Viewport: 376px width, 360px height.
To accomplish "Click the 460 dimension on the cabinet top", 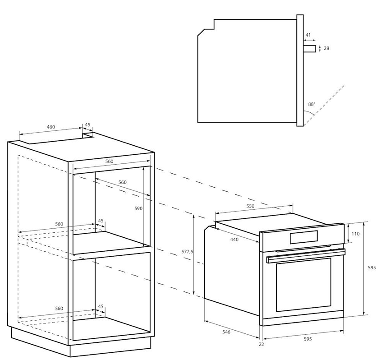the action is [50, 127].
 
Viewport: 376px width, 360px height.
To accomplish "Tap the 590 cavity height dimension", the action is [138, 208].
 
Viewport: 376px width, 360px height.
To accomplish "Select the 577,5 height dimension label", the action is [187, 252].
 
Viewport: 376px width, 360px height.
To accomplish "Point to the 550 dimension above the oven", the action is [250, 206].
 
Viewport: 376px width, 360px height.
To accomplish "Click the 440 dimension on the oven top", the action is [234, 239].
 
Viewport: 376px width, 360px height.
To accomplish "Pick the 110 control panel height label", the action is [356, 234].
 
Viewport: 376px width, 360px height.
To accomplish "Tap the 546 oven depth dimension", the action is [226, 332].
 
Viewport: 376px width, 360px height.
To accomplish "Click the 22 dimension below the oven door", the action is [261, 344].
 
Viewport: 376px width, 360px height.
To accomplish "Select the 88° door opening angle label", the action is [312, 104].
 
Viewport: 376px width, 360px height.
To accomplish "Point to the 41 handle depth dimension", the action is [308, 35].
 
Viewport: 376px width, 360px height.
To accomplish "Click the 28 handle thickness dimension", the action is [326, 48].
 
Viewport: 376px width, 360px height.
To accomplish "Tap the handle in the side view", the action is [310, 48].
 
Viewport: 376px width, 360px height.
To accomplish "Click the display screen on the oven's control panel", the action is [304, 237].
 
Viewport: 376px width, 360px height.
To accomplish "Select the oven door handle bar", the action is [306, 256].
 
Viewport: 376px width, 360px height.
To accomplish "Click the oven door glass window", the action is [303, 285].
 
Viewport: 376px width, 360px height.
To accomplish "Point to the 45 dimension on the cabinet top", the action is [88, 125].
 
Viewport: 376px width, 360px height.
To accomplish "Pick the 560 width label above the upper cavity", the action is [109, 162].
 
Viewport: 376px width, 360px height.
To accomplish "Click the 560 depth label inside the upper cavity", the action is [122, 182].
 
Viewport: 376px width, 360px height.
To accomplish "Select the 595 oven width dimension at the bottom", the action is [307, 339].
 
